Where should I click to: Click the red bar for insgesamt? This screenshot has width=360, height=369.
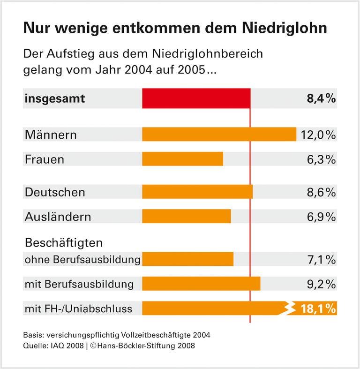196,99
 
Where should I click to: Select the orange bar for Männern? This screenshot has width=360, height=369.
219,135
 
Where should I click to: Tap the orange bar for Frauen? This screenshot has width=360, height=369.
182,159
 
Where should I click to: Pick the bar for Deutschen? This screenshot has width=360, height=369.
197,192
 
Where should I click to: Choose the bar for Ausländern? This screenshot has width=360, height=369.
186,217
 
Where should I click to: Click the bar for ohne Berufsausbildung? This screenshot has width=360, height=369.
187,259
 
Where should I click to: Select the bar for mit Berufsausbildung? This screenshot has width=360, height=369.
201,284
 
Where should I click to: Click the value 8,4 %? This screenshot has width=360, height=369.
320,99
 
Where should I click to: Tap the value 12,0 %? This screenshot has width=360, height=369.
317,135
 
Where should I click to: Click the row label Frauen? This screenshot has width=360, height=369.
44,159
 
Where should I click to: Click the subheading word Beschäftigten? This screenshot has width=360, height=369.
63,243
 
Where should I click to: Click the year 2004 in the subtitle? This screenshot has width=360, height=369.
156,72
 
